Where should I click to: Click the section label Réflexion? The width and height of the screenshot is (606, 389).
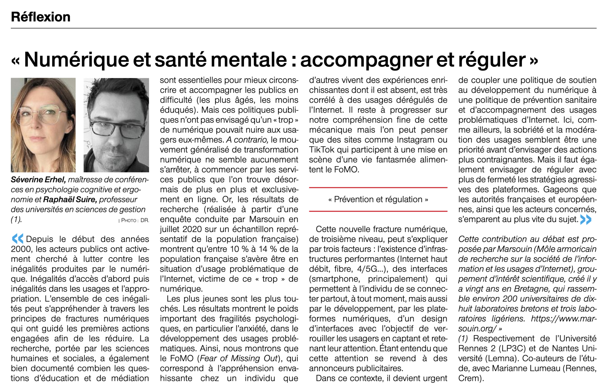pos(40,17)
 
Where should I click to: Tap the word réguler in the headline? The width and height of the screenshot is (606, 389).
pos(492,60)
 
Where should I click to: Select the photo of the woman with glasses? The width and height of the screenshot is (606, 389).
pos(43,125)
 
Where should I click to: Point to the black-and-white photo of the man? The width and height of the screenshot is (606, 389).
pos(116,125)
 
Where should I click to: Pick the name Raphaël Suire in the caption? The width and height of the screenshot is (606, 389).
pos(70,200)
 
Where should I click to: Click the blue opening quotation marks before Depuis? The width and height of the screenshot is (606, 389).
pos(17,239)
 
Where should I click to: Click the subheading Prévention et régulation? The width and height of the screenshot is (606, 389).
pos(378,199)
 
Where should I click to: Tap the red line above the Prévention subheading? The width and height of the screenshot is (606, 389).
pos(378,188)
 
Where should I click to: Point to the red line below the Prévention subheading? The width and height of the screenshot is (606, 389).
pos(378,211)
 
